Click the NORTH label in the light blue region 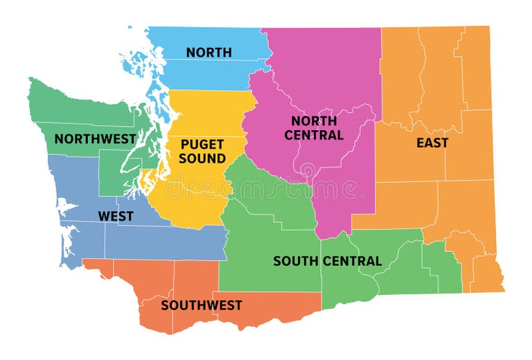pos(209,52)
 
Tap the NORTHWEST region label pos(95,138)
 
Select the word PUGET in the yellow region pos(202,145)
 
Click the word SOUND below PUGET pos(202,159)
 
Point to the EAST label pos(432,143)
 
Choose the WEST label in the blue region pos(116,216)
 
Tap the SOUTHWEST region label pos(202,305)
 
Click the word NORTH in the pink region pos(313,121)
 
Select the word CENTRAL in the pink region pos(313,135)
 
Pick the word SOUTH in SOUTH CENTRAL pos(295,261)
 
